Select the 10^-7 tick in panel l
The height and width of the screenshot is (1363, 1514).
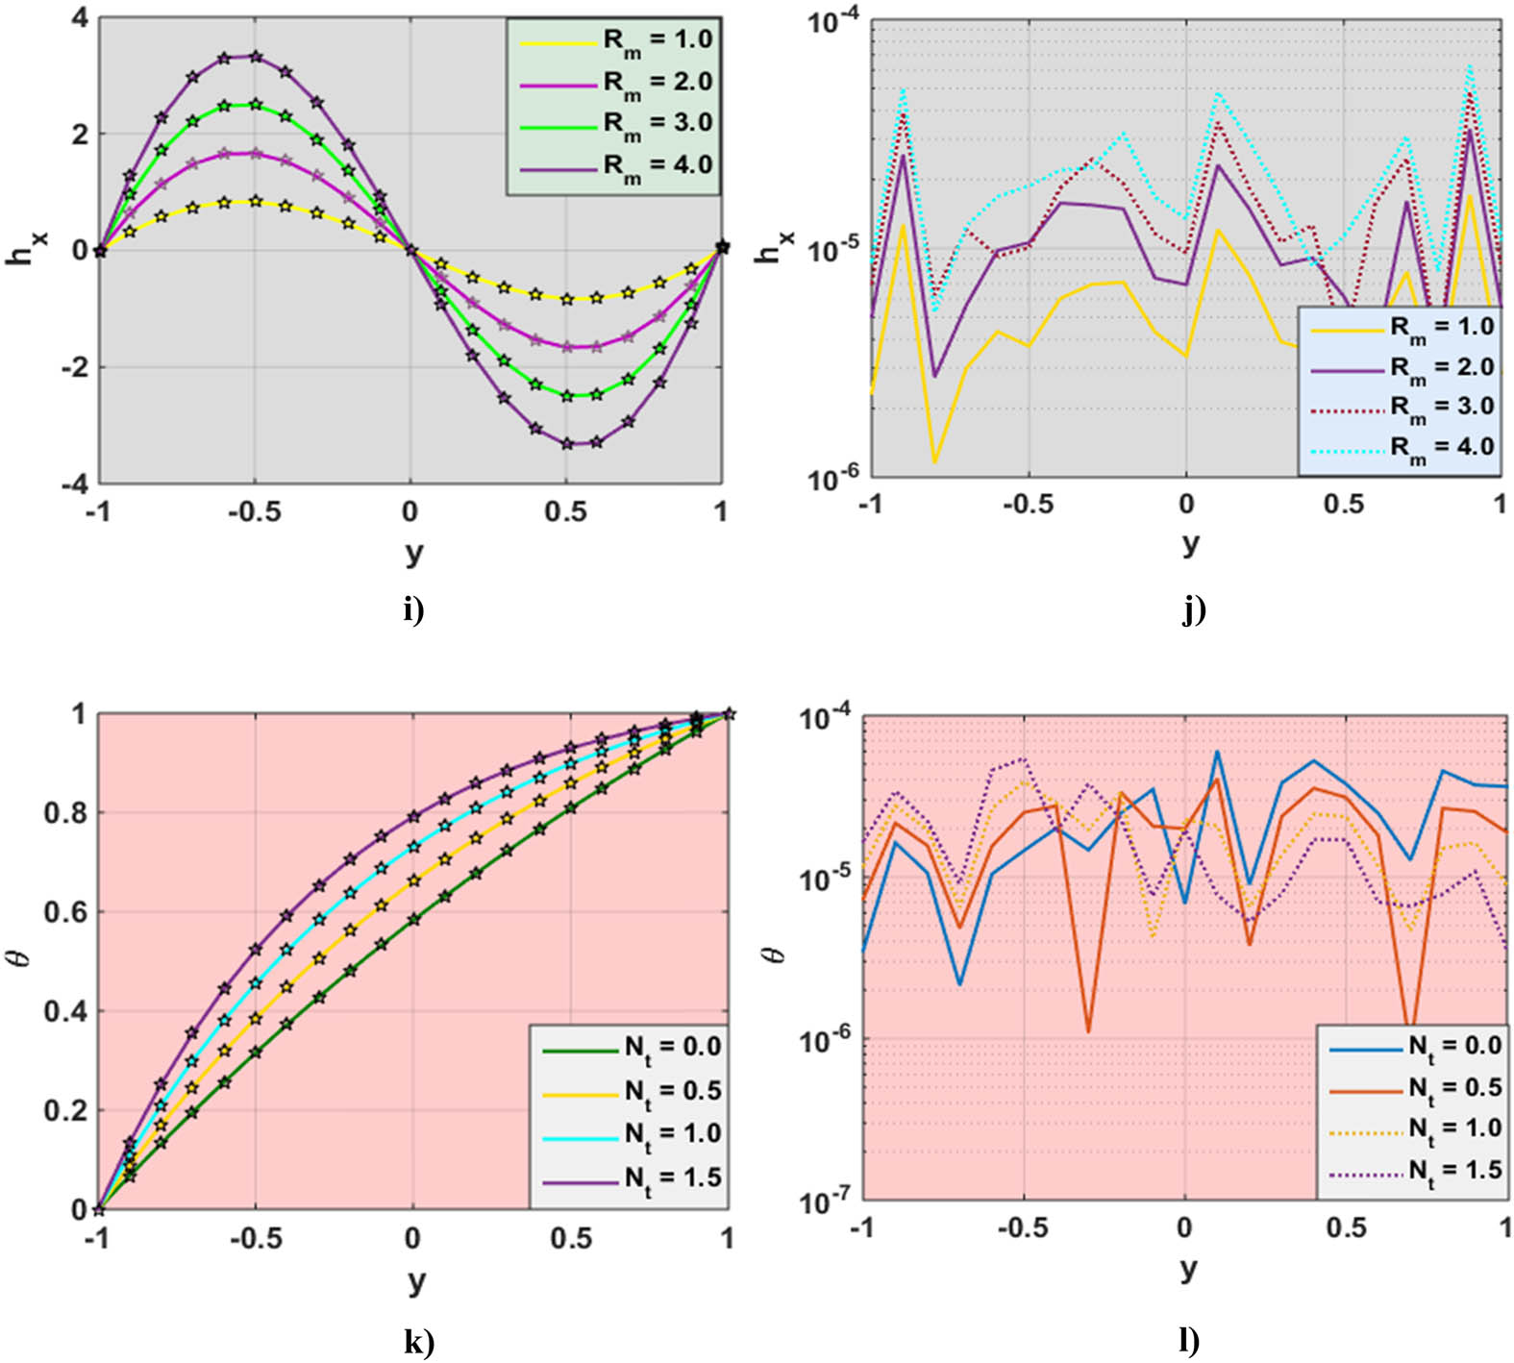(x=825, y=1201)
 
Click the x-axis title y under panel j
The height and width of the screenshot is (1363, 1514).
(x=1190, y=543)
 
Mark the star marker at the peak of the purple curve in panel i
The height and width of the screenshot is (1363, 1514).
(x=255, y=57)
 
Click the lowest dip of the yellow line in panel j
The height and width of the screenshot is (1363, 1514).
(x=934, y=462)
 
